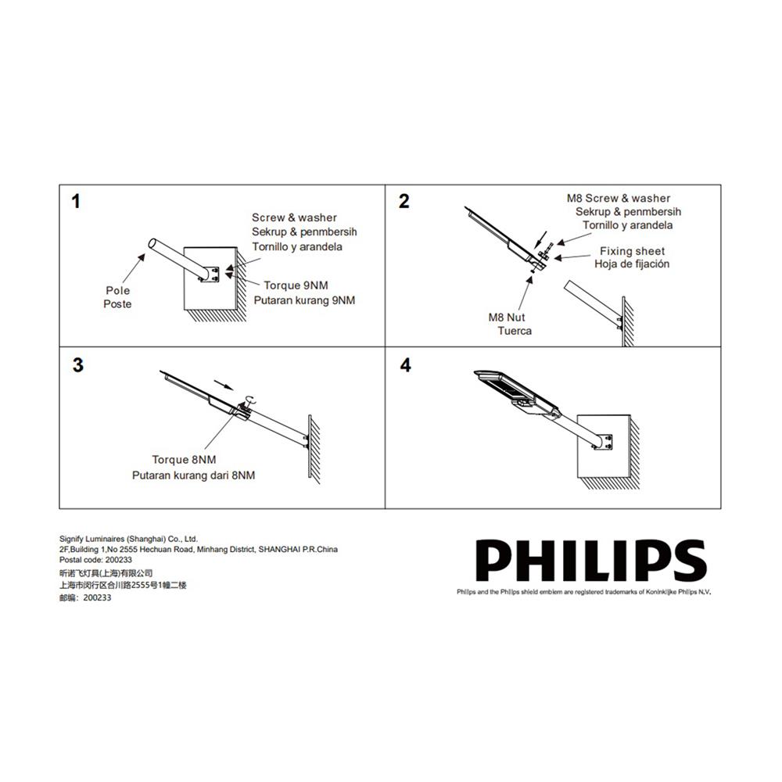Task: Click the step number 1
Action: [x=76, y=202]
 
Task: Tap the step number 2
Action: [x=404, y=202]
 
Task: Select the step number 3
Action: [x=77, y=365]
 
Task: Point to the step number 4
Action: [x=404, y=365]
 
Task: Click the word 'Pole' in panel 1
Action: [x=118, y=290]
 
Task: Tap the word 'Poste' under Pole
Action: [x=117, y=304]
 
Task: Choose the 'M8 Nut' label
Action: [x=507, y=317]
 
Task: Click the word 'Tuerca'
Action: [x=515, y=331]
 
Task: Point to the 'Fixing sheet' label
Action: [x=632, y=251]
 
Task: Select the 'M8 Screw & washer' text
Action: [x=618, y=199]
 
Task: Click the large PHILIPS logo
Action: [x=591, y=561]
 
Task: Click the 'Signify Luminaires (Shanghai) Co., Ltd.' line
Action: [x=129, y=539]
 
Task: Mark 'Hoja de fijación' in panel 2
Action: [x=632, y=264]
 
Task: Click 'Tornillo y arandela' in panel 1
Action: [x=296, y=246]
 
